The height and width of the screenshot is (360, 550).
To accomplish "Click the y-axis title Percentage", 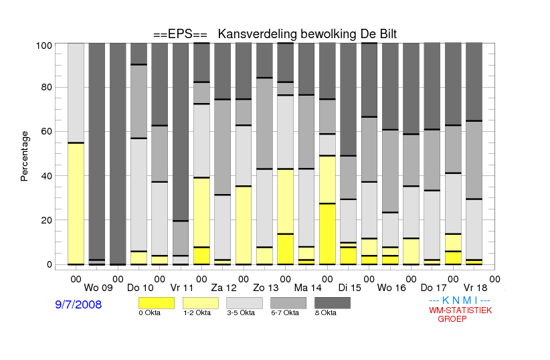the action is click(24, 156).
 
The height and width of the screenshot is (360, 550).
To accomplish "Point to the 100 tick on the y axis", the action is click(44, 46).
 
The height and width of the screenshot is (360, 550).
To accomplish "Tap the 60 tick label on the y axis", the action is click(46, 131).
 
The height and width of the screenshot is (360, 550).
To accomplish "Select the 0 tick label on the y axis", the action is click(49, 264).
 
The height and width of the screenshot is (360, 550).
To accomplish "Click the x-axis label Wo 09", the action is click(98, 288).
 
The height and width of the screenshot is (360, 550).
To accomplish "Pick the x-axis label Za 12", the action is click(223, 288).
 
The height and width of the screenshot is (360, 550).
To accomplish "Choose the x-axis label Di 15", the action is click(349, 288).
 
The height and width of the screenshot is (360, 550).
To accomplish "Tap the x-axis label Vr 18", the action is click(475, 288).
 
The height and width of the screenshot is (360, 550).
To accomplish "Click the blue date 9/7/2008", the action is click(78, 304).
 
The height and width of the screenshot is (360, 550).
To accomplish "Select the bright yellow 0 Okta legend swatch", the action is click(157, 303).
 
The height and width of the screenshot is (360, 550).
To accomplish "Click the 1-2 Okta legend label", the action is click(197, 312).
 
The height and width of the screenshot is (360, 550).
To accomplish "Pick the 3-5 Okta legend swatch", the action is click(244, 303).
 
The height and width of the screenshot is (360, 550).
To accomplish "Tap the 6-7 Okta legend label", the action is click(285, 312).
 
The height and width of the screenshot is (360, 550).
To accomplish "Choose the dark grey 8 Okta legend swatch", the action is click(333, 303).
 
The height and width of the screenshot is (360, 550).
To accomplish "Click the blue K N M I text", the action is click(460, 300).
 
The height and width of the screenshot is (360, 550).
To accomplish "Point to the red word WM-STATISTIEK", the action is click(460, 310).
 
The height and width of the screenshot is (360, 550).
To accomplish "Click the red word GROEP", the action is click(452, 319).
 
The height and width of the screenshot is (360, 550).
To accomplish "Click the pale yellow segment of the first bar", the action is click(76, 203).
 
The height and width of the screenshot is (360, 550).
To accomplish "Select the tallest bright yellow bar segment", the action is click(327, 234).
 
